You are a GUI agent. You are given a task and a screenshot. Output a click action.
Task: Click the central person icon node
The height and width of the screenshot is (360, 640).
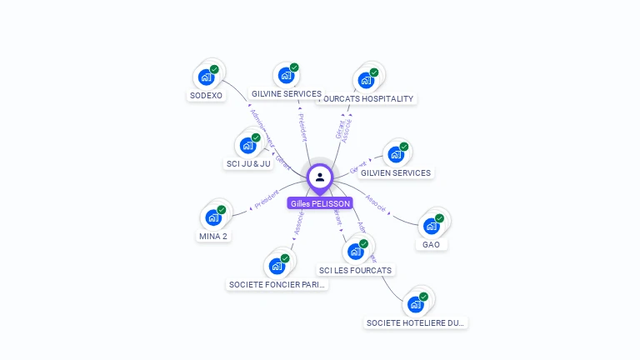click(x=320, y=177)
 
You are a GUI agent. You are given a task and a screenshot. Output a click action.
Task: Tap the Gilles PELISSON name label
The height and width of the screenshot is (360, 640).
click(x=320, y=203)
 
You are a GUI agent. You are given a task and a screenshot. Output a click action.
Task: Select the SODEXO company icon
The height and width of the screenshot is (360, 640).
click(x=206, y=77)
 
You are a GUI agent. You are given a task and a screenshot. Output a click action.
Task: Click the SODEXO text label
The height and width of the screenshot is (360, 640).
click(x=206, y=95)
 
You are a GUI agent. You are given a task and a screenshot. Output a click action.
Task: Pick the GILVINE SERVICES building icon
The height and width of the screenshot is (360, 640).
click(x=286, y=76)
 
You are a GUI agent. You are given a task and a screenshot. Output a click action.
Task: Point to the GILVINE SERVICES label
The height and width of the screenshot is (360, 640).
click(x=287, y=94)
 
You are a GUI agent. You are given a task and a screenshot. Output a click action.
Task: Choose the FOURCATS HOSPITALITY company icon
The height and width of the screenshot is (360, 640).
click(x=365, y=81)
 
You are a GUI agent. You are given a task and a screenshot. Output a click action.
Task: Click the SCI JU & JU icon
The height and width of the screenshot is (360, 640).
click(x=247, y=146)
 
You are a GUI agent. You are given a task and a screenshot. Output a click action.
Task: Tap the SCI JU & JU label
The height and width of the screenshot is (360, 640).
click(x=249, y=163)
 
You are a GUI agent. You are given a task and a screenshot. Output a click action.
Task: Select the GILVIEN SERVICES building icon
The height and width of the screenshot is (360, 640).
click(x=395, y=155)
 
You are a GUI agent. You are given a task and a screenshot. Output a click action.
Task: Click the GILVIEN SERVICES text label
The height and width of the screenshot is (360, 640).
click(x=396, y=173)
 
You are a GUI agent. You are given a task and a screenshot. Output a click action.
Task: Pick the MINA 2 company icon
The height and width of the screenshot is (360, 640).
click(x=213, y=218)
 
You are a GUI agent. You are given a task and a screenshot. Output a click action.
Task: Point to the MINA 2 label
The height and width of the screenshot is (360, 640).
click(x=213, y=236)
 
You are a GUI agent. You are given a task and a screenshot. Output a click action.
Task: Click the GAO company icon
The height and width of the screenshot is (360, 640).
click(x=431, y=226)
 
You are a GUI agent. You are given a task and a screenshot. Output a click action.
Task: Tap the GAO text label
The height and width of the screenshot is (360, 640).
click(x=431, y=244)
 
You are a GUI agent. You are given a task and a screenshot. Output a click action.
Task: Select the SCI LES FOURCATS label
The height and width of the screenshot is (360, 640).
click(x=356, y=270)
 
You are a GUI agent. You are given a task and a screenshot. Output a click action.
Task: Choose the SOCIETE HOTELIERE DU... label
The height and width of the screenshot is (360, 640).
click(x=416, y=322)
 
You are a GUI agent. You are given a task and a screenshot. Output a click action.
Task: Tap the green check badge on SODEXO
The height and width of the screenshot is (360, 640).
click(x=214, y=69)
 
